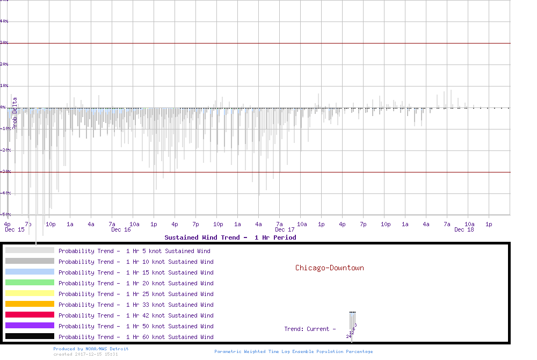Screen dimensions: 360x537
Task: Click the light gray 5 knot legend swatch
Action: [30, 250]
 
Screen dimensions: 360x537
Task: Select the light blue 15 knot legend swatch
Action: [30, 272]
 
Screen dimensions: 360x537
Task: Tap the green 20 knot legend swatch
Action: [30, 283]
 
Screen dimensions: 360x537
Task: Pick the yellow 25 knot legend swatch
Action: [30, 293]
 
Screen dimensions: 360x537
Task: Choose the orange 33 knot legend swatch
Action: [30, 304]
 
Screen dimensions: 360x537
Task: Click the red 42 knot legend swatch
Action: [30, 315]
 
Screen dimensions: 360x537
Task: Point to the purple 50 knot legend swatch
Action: [30, 326]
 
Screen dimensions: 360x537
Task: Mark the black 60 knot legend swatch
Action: [30, 336]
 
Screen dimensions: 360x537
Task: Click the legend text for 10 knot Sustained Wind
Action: [136, 262]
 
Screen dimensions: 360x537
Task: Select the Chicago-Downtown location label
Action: [329, 268]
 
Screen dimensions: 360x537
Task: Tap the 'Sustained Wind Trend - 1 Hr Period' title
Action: [230, 237]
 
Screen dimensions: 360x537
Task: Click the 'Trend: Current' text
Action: [310, 329]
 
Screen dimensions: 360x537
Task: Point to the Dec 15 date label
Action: [14, 230]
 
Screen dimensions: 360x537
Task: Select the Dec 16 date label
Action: [121, 230]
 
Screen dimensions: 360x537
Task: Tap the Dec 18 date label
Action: [464, 230]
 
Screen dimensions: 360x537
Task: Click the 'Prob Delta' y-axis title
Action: [15, 112]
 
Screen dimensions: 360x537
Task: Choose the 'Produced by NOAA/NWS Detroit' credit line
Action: [91, 349]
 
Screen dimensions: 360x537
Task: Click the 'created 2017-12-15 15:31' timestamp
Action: [85, 354]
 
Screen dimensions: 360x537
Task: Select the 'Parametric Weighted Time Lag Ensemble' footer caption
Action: [293, 351]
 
